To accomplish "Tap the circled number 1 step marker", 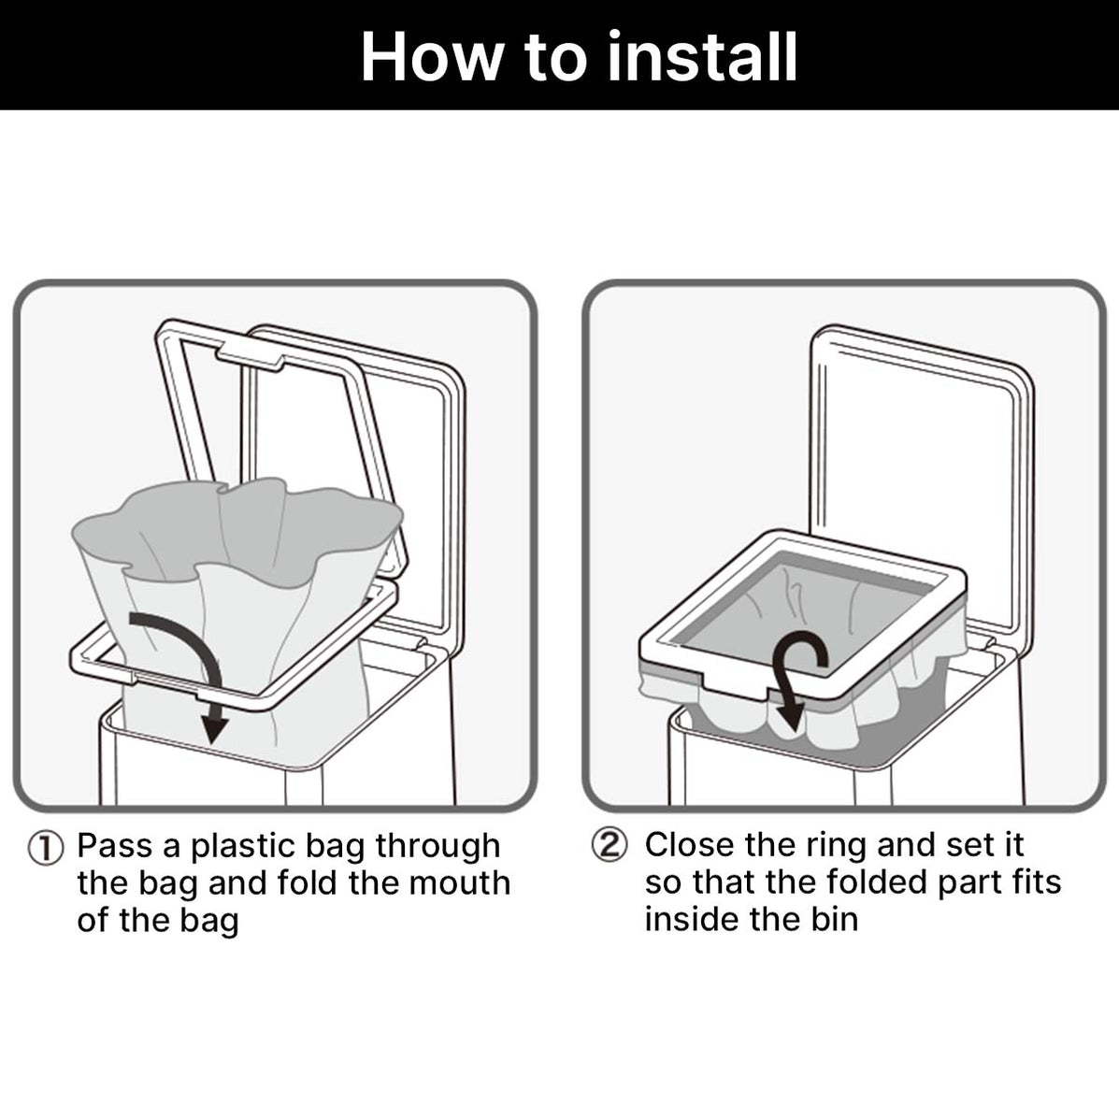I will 45,848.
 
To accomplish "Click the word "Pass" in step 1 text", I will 114,846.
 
